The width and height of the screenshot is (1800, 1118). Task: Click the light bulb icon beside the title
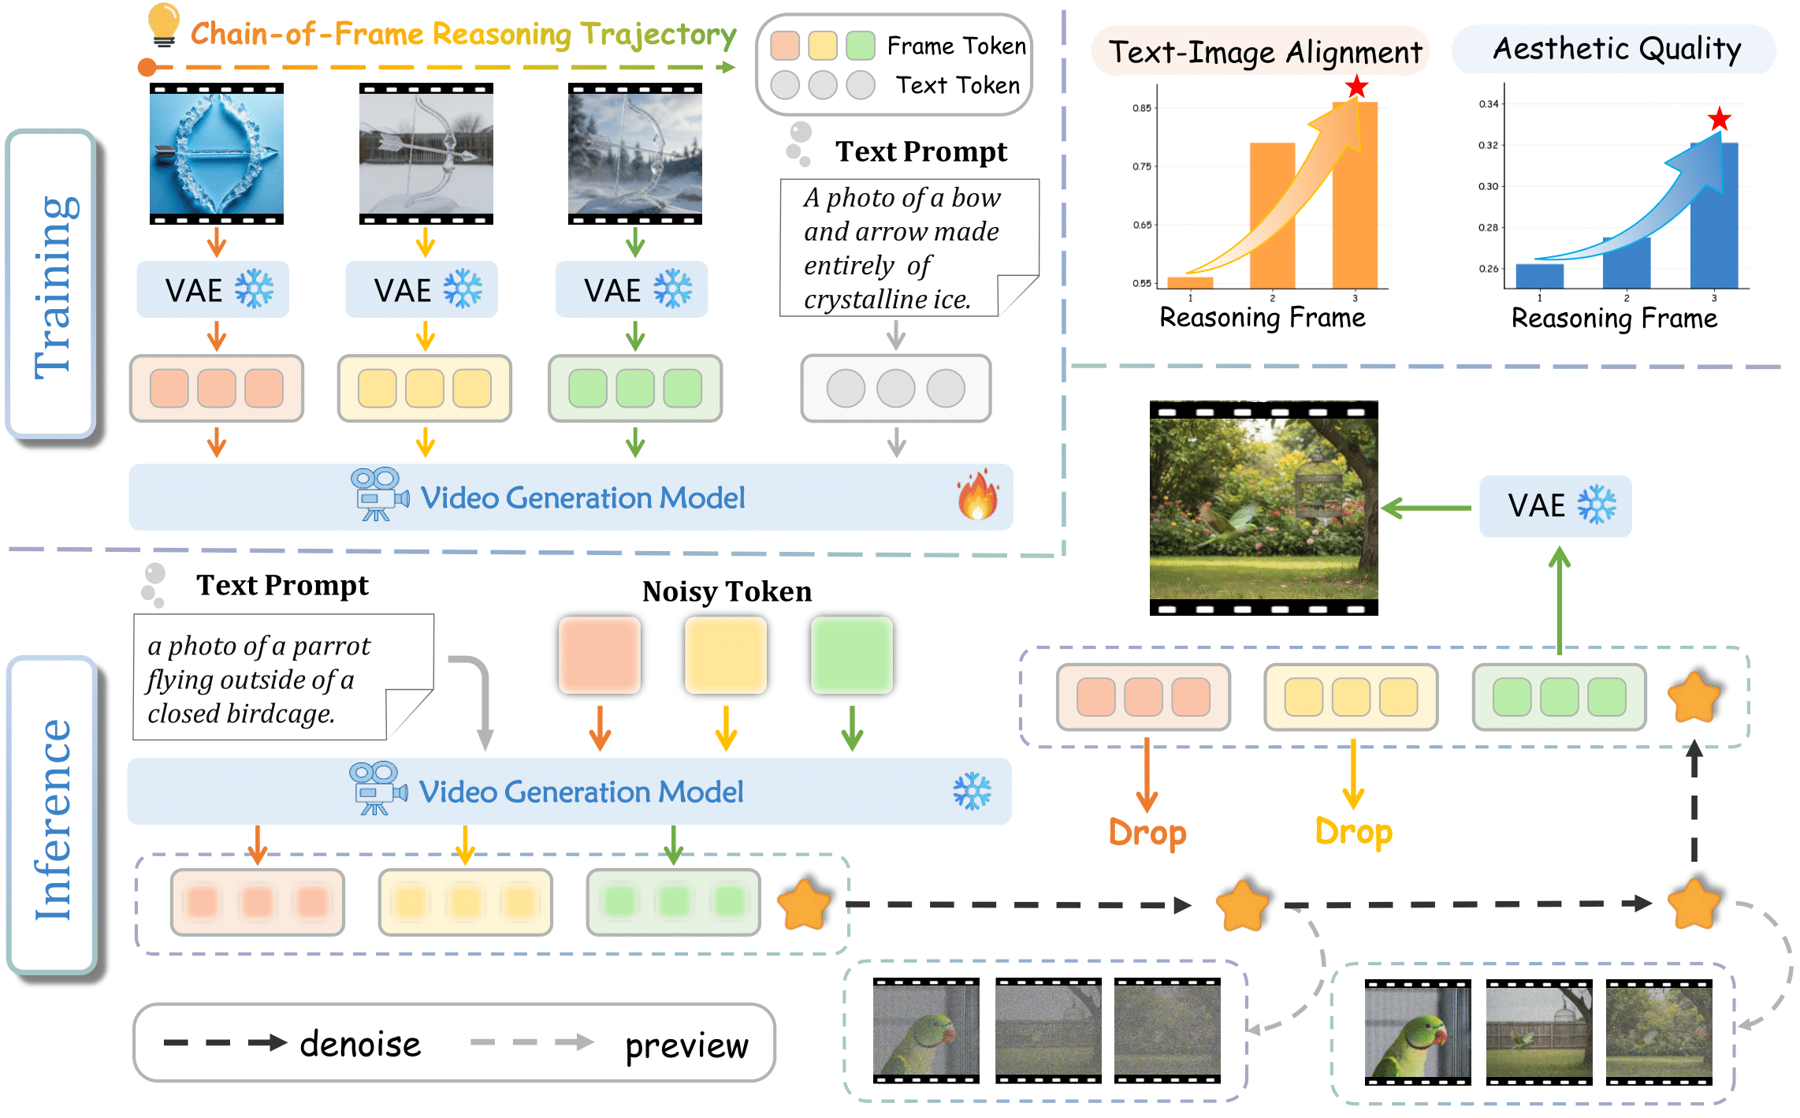click(x=163, y=24)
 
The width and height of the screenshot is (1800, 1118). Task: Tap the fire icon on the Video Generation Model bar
click(x=977, y=496)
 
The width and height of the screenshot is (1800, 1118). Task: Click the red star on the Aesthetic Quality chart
click(x=1719, y=120)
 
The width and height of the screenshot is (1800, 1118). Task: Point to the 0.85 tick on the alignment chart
click(x=1142, y=108)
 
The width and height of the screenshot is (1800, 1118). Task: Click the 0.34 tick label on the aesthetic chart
click(x=1488, y=104)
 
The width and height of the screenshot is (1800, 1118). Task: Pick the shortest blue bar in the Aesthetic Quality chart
click(x=1539, y=276)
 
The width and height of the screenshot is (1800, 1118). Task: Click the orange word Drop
click(x=1147, y=833)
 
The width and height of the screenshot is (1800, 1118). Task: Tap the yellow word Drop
click(x=1353, y=832)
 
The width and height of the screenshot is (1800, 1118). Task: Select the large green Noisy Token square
click(x=851, y=655)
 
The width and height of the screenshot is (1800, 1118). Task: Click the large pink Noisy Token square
click(x=599, y=655)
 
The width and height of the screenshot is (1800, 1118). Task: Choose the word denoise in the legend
click(x=360, y=1044)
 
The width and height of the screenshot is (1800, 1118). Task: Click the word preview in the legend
click(x=686, y=1045)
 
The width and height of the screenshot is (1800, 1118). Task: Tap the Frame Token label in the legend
click(x=956, y=46)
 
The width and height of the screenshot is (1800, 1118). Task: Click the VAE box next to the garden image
click(x=1555, y=506)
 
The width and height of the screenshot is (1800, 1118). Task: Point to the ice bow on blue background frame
click(x=217, y=154)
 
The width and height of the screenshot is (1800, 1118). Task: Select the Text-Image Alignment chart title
click(x=1265, y=52)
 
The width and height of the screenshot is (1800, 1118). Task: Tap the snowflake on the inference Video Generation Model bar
click(x=972, y=792)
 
